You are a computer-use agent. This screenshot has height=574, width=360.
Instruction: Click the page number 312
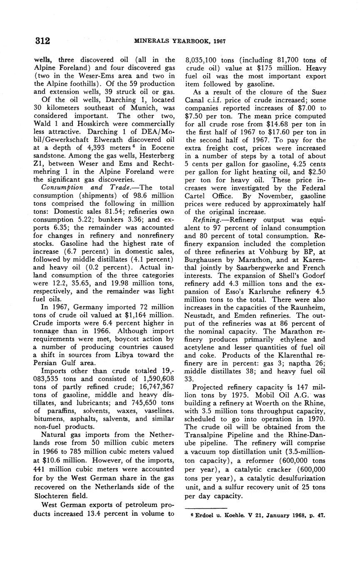pos(42,41)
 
